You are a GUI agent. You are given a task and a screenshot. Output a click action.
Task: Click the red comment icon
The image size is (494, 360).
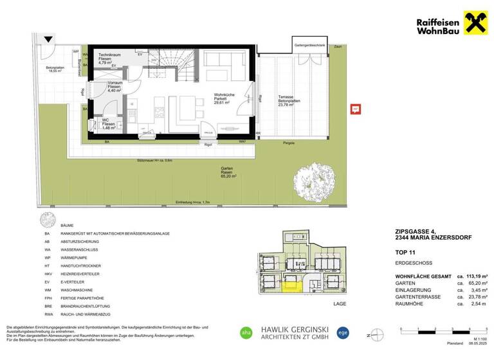pos(354,109)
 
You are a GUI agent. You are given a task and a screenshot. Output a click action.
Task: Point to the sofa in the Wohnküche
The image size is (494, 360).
pos(224,60)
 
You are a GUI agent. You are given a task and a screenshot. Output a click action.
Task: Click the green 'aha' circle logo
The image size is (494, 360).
pos(246,332)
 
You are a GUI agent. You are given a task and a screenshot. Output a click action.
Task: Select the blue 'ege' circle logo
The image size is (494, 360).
pos(343,332)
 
